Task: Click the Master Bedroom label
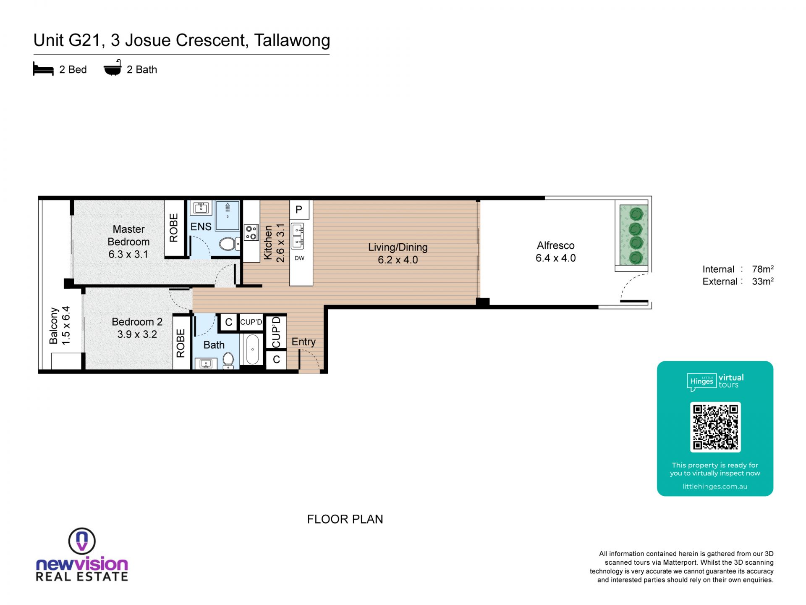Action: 128,235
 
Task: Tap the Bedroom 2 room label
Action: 137,322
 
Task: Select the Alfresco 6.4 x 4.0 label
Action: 555,252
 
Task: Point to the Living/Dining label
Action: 398,247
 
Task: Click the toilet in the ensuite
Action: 230,244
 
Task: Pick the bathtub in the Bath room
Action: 252,349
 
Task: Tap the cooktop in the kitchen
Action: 251,232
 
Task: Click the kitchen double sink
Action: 298,237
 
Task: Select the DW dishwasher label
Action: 299,258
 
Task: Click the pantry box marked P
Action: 299,210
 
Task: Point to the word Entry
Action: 304,342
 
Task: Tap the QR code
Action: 715,427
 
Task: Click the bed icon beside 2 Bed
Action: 43,69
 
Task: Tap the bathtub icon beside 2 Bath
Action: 113,68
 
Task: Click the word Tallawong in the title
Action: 292,41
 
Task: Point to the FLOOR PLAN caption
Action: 345,519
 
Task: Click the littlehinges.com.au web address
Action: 715,487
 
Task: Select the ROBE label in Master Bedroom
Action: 174,228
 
